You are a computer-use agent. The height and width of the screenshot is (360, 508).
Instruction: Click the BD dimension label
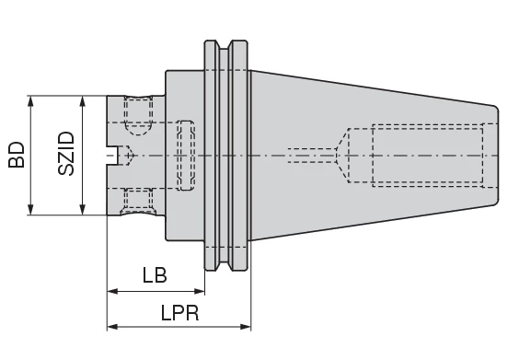[17, 154]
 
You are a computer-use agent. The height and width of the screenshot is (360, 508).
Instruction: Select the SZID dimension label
[66, 154]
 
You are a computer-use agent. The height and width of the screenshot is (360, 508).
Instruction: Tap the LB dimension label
[155, 274]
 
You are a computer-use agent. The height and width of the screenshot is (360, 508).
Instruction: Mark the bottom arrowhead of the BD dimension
[32, 211]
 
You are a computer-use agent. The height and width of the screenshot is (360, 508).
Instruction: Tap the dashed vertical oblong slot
[186, 156]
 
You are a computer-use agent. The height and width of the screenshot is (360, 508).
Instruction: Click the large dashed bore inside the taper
[427, 156]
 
